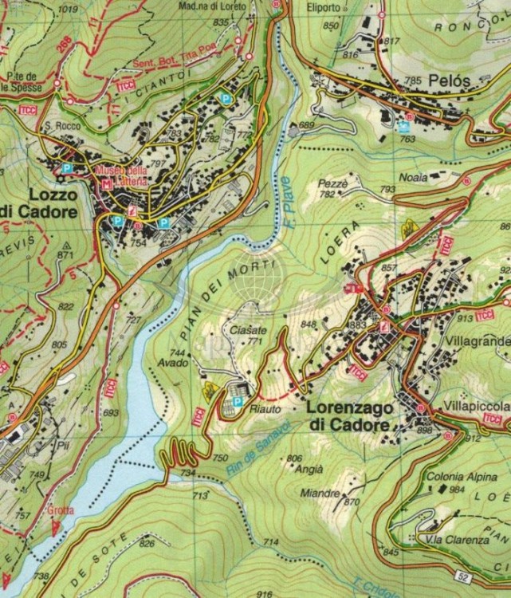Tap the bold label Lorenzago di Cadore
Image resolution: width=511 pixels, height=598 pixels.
tap(349, 416)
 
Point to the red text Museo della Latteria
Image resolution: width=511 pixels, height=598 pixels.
tap(121, 176)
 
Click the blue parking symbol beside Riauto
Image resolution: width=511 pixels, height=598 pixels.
tap(237, 390)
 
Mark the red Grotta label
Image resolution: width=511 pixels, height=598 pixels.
tap(61, 510)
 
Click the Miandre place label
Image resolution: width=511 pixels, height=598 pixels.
tap(320, 493)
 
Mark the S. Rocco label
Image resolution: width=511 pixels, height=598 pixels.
tap(59, 125)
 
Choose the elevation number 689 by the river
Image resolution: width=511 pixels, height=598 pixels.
tap(306, 125)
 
